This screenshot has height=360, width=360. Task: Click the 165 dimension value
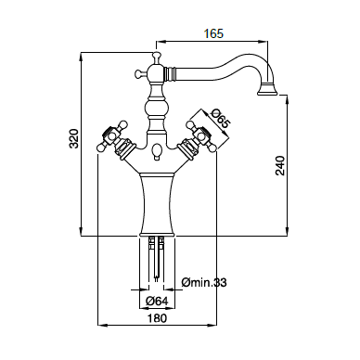pos(213,33)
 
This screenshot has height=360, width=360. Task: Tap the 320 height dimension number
pos(74,138)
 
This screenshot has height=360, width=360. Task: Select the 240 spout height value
pos(280,166)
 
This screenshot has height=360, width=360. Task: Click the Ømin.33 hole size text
pos(204,282)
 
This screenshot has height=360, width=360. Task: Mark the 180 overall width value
pos(157,318)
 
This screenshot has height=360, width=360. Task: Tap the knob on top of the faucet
pos(156,57)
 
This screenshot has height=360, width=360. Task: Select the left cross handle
pos(113,138)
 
